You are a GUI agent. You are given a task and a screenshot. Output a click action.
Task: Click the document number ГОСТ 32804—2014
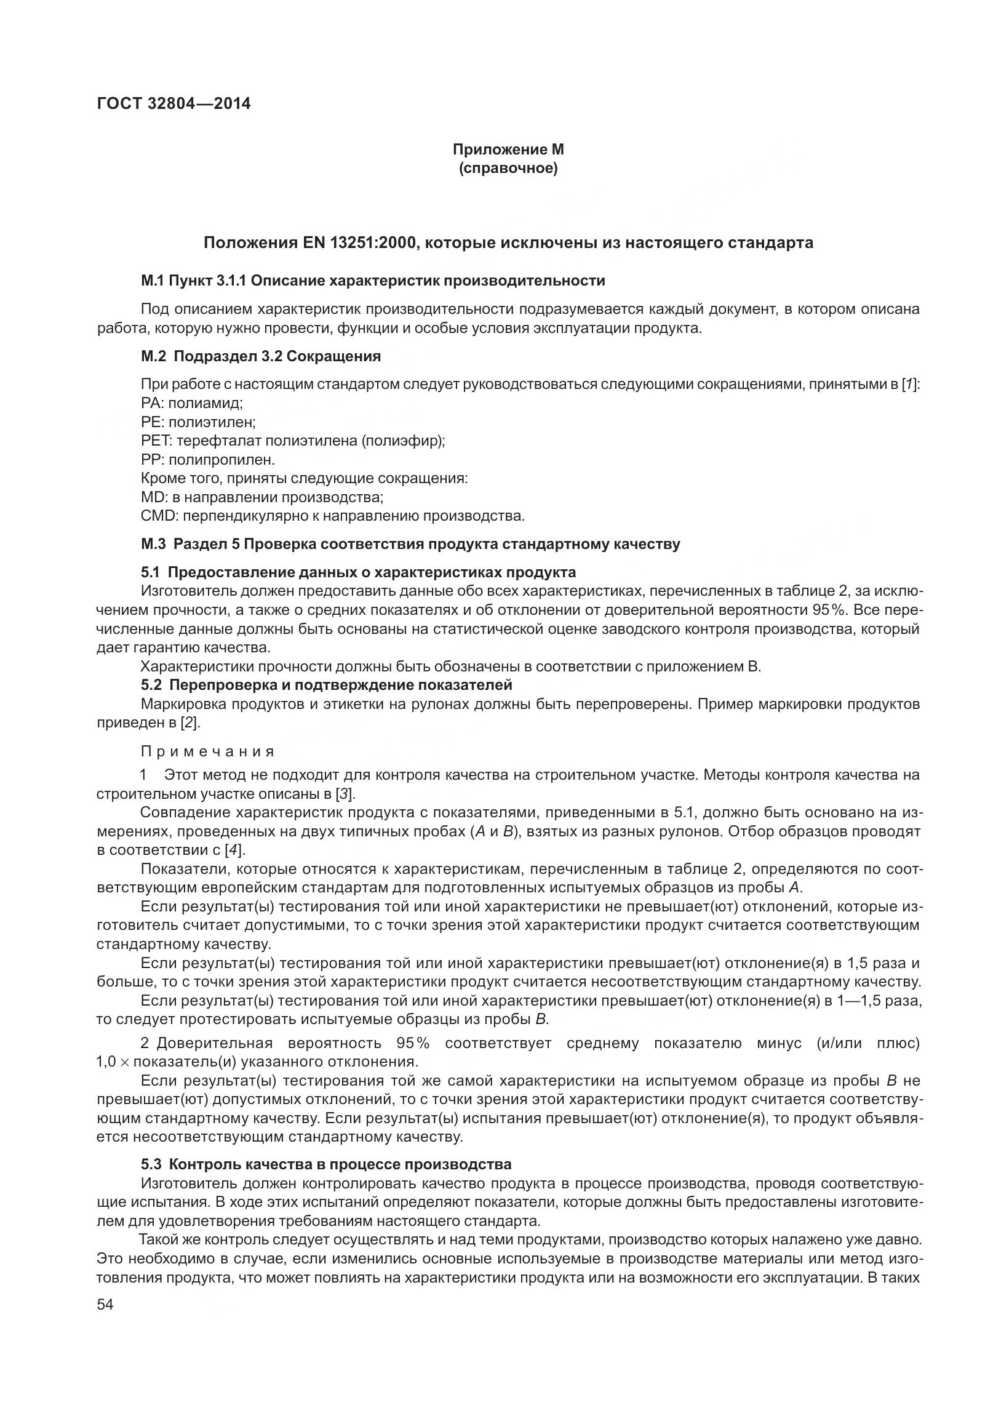point(173,103)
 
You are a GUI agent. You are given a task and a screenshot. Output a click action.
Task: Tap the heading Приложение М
point(508,150)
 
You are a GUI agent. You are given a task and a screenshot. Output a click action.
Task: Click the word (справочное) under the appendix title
point(508,169)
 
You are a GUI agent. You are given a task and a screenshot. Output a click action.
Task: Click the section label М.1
point(153,281)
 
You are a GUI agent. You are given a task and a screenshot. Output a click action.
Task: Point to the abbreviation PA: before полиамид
point(152,404)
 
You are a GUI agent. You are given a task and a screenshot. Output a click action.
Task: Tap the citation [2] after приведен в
point(190,723)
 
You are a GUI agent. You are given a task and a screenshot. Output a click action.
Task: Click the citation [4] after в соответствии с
point(234,851)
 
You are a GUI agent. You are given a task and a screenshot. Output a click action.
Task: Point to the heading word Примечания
point(207,752)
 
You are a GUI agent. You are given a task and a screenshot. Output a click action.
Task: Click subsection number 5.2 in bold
point(151,685)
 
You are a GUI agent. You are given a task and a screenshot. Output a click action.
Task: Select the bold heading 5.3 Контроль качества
point(326,1164)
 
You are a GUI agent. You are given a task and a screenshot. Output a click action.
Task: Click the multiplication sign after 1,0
point(124,1062)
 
